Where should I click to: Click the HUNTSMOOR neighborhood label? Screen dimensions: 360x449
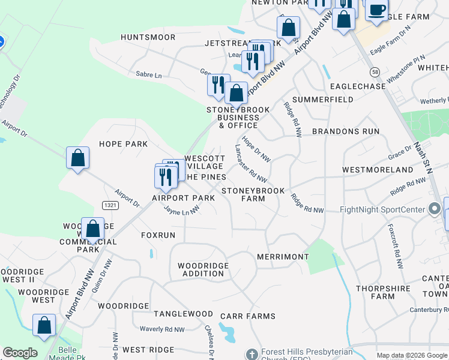coord(148,37)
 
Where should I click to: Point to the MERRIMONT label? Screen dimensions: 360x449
coord(283,257)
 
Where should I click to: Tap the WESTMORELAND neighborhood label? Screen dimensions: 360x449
coord(378,170)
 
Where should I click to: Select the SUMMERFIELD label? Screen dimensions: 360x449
coord(322,99)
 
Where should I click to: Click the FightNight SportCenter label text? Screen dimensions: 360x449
coord(382,209)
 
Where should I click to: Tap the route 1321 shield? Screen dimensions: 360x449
coord(110,205)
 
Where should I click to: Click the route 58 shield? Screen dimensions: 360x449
coord(375,72)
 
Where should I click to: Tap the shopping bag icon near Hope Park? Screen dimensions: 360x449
coord(77,158)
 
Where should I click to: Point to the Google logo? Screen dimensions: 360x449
coord(20,353)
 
